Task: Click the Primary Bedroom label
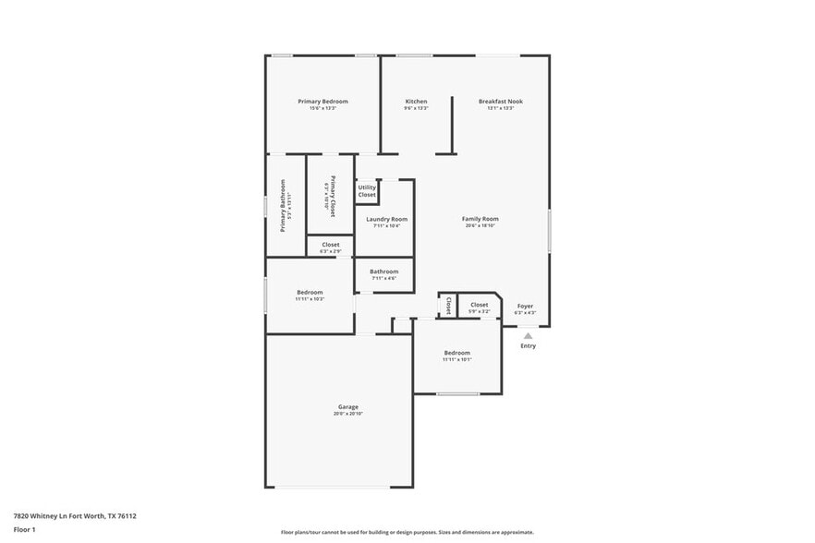(322, 101)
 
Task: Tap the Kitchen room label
(416, 101)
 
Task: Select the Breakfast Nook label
(500, 101)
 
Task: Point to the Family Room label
(480, 219)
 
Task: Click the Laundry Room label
(386, 219)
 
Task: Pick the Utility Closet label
(367, 191)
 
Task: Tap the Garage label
(347, 406)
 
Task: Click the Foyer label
(525, 306)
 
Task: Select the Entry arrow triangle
(528, 336)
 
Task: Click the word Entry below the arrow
(528, 346)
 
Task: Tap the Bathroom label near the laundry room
(383, 271)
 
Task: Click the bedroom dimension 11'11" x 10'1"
(456, 360)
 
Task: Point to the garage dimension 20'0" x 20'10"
(347, 414)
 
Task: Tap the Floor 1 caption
(24, 529)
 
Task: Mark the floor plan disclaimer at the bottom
(407, 532)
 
